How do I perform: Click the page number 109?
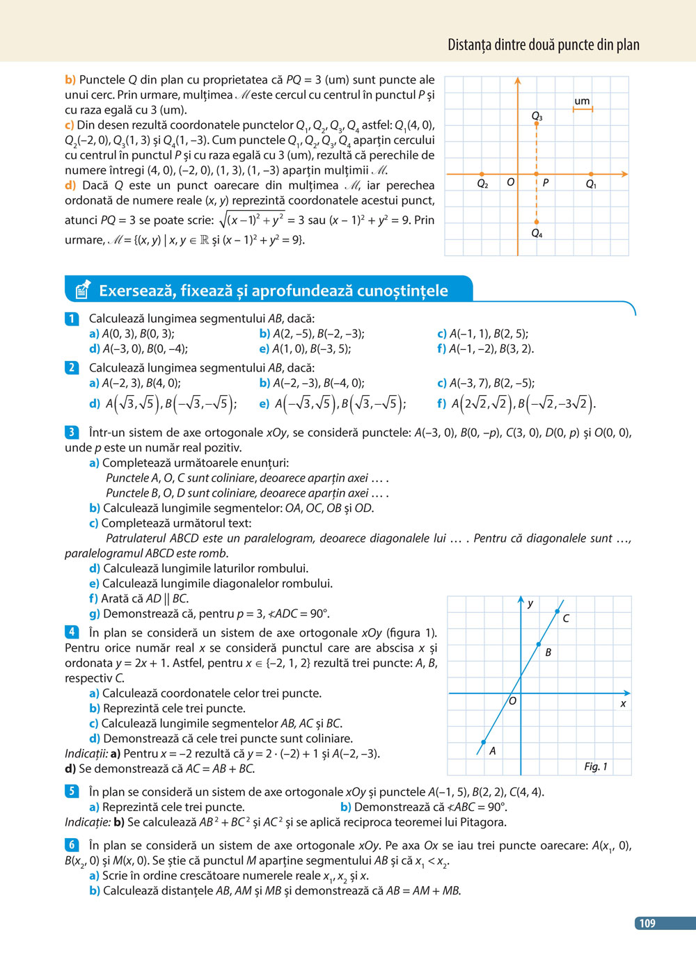(647, 923)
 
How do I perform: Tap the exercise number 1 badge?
(72, 319)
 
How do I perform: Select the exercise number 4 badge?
(72, 632)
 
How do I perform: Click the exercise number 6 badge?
(72, 845)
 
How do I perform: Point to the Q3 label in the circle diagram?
(537, 115)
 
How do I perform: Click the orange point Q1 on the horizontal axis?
(591, 174)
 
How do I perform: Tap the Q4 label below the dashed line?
(537, 234)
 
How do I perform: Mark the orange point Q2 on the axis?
(482, 174)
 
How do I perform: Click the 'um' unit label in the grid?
(582, 101)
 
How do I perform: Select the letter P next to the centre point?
(546, 182)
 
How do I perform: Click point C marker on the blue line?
(557, 611)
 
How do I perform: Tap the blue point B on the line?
(539, 645)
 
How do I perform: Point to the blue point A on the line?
(484, 742)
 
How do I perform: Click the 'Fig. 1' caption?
(596, 767)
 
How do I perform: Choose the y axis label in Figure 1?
(530, 603)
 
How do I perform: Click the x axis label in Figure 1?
(623, 704)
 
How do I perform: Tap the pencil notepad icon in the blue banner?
(82, 289)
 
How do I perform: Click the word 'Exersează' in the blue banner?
(136, 291)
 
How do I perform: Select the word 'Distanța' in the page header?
(469, 45)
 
